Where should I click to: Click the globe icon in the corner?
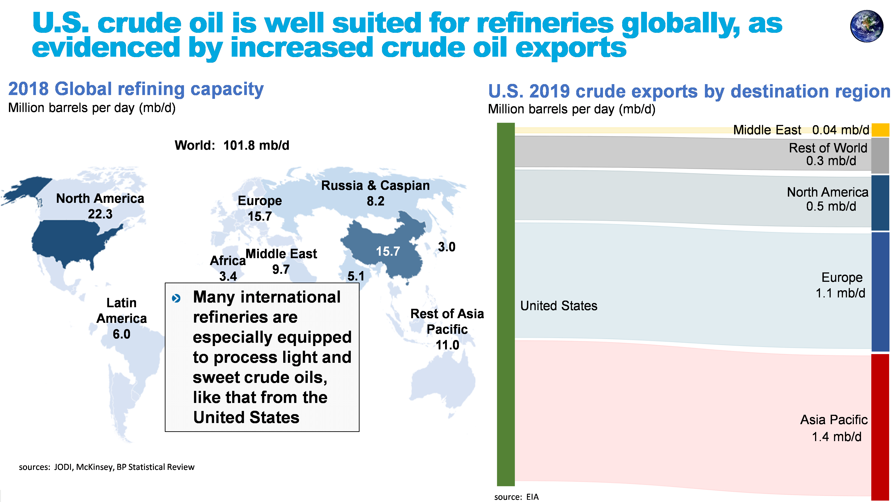point(866,26)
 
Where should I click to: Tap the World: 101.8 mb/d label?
point(232,145)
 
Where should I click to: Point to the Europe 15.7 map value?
point(260,216)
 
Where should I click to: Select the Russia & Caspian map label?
point(375,186)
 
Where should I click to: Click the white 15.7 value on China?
point(388,251)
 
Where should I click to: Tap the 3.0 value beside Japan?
point(446,247)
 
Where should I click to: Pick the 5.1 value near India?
point(356,276)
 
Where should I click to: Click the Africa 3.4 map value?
point(228,276)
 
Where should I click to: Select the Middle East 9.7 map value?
point(281,269)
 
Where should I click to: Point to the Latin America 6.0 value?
point(122,334)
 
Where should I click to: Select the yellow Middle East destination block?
point(880,130)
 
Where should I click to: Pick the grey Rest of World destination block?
point(880,156)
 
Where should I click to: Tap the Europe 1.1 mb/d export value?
point(840,293)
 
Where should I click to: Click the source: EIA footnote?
point(516,497)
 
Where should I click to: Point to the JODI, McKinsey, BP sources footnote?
point(107,467)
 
